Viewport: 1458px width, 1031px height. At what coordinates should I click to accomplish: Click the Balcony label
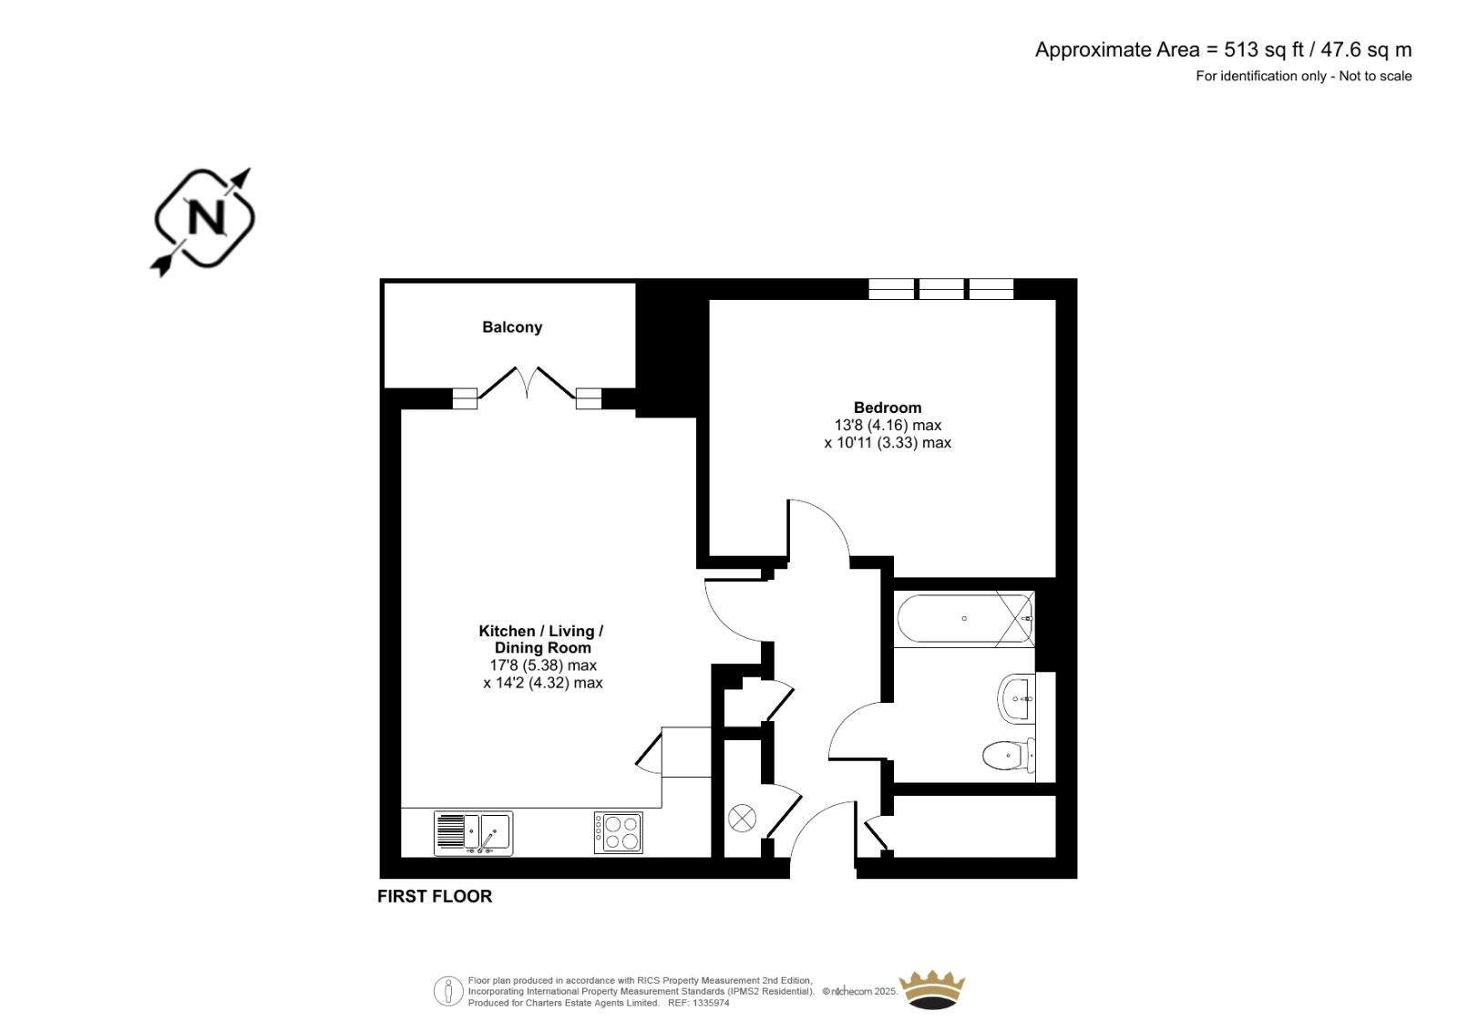coord(511,327)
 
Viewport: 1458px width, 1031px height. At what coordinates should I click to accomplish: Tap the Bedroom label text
coord(888,407)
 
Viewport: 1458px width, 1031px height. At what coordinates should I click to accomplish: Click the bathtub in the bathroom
coord(965,619)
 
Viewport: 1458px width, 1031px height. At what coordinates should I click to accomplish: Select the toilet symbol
coord(1008,756)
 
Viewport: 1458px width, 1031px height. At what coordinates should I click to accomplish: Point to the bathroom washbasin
coord(1016,699)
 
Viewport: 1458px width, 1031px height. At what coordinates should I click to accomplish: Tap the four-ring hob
coord(618,832)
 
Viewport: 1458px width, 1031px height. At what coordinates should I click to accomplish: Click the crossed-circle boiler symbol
coord(742,818)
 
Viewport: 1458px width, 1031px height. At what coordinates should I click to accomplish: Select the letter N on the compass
coord(206,217)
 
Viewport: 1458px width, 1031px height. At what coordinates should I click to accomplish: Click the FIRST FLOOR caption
coord(435,897)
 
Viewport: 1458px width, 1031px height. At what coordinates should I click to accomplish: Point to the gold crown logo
coord(931,990)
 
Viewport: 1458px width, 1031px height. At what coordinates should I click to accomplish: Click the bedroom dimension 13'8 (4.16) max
coord(888,426)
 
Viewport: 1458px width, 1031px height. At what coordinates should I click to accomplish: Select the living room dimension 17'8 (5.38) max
coord(543,665)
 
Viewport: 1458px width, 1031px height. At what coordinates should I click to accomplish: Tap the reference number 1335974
coord(711,1004)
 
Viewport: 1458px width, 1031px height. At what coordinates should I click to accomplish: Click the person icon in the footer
coord(448,991)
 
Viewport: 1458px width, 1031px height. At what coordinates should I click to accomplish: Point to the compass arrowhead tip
coord(250,169)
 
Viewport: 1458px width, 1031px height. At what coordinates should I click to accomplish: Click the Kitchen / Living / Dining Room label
coord(541,640)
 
